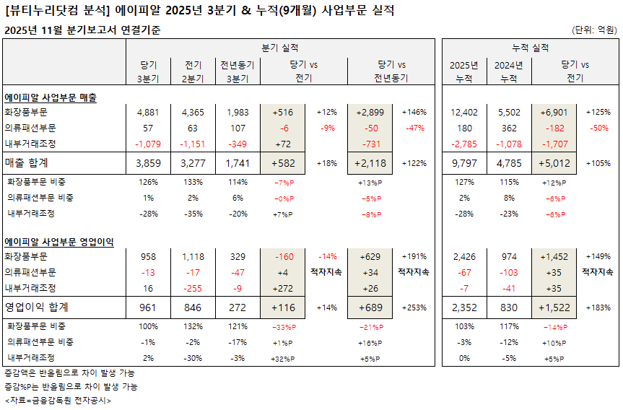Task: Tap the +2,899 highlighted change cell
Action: [x=373, y=113]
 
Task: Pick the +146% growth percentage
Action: [x=414, y=113]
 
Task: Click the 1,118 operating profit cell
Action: [x=193, y=256]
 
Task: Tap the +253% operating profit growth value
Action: [x=414, y=307]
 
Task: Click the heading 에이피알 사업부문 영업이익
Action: [x=61, y=241]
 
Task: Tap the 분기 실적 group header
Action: [x=280, y=48]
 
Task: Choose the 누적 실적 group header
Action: [x=530, y=48]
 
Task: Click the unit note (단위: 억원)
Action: [x=594, y=30]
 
